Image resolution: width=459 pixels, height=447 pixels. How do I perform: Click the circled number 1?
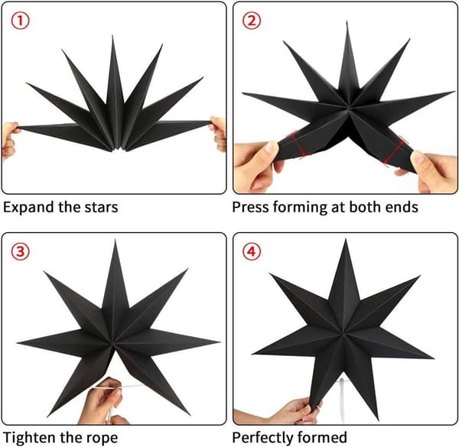20,21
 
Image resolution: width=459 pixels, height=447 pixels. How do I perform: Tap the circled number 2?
252,21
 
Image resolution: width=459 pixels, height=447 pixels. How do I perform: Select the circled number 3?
20,252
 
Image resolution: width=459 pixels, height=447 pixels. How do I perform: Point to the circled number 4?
252,252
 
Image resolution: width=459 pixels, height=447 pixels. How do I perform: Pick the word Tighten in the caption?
30,439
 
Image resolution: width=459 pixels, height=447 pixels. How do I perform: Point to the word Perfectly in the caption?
262,439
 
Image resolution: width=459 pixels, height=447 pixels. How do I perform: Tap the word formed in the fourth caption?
321,438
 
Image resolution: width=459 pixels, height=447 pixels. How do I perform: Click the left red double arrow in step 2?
298,145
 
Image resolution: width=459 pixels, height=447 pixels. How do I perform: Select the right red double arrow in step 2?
395,152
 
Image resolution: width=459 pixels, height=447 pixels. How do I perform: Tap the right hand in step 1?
218,133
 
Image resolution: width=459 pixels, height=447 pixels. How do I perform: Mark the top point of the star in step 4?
346,239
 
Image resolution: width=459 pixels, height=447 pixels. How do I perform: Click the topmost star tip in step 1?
112,36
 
